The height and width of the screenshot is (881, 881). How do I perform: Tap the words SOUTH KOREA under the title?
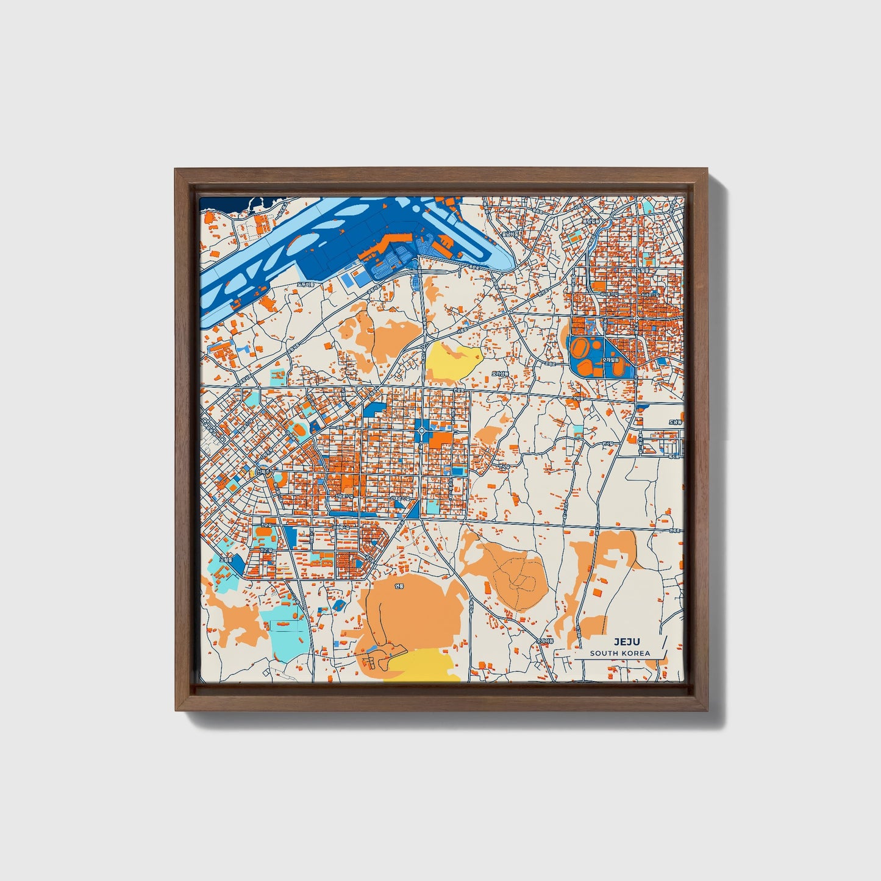click(x=619, y=653)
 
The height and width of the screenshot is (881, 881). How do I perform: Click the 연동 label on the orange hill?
click(x=399, y=587)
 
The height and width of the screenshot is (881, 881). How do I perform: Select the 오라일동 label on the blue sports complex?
click(x=610, y=360)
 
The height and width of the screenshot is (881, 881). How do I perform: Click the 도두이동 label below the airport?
click(x=305, y=284)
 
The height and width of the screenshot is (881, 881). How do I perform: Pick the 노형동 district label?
click(x=226, y=559)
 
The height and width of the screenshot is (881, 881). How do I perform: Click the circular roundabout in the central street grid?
click(x=422, y=432)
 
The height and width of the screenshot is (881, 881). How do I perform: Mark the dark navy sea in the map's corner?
click(x=223, y=204)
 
